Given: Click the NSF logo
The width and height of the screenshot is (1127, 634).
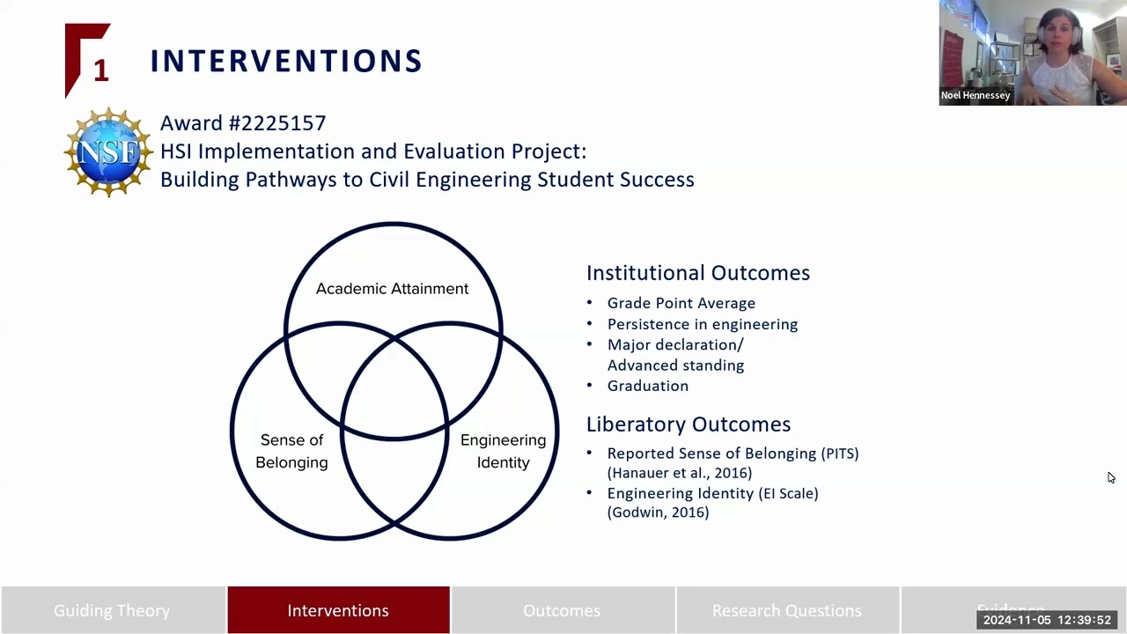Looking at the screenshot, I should (x=108, y=152).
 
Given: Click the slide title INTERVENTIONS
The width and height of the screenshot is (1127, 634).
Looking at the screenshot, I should (x=286, y=61).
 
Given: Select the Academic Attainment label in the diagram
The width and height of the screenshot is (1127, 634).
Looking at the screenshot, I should (x=392, y=289).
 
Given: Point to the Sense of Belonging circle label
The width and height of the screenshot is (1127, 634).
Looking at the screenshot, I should (x=291, y=451).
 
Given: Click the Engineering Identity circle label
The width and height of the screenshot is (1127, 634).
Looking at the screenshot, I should (x=503, y=451).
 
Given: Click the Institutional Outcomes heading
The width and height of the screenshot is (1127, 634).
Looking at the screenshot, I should (x=698, y=273).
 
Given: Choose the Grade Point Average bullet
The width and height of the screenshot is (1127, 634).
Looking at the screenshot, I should (x=681, y=303).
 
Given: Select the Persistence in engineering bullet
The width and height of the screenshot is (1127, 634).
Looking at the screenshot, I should (x=702, y=324).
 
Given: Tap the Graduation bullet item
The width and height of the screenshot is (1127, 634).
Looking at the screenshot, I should (x=647, y=386).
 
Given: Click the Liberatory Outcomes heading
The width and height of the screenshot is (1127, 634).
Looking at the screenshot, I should (x=689, y=424).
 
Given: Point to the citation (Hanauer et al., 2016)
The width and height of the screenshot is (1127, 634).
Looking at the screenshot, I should (x=679, y=473).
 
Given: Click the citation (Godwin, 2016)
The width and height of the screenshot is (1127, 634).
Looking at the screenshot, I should (x=658, y=512).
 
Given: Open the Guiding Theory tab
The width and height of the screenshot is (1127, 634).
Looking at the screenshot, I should (x=112, y=610).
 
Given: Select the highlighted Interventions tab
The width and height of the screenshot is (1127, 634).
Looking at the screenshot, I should (x=338, y=610).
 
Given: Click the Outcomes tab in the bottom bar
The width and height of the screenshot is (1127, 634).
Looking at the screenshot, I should (x=562, y=610).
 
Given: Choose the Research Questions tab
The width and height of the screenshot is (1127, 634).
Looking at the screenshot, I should (x=786, y=610).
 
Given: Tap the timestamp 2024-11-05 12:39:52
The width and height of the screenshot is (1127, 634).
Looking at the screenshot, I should (x=1047, y=620).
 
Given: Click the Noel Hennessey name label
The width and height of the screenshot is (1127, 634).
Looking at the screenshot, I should (x=976, y=95).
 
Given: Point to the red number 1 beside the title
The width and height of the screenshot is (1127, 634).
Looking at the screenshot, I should (x=100, y=70).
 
